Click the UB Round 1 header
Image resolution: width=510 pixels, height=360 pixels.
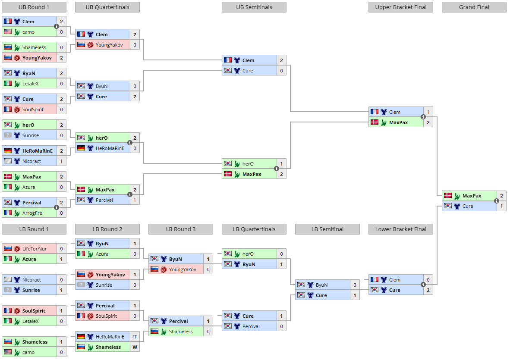click(x=34, y=7)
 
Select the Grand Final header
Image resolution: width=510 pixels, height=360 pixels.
click(x=474, y=7)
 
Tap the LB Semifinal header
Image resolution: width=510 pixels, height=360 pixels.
click(x=327, y=229)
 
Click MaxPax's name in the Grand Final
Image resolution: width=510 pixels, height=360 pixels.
click(x=472, y=196)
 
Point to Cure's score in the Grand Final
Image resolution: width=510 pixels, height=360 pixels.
click(x=501, y=206)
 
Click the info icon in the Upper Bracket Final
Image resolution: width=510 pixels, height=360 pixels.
click(x=423, y=117)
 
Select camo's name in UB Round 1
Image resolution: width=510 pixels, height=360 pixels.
click(x=28, y=32)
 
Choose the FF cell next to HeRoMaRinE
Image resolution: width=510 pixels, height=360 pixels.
click(x=135, y=337)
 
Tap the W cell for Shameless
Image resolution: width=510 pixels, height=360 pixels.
click(x=135, y=347)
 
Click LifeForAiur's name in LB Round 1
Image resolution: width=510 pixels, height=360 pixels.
click(x=35, y=249)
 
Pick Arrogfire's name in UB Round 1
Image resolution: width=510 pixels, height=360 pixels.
click(x=32, y=213)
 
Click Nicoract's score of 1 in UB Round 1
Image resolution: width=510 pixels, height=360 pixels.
click(x=61, y=161)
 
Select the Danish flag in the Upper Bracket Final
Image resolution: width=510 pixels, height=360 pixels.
click(x=375, y=122)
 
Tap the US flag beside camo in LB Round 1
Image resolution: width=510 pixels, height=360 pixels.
click(x=8, y=352)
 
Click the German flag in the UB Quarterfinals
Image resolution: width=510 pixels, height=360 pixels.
click(x=81, y=148)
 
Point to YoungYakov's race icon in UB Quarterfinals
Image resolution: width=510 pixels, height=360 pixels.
click(x=91, y=45)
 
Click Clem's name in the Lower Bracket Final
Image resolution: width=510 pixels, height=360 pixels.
click(x=394, y=280)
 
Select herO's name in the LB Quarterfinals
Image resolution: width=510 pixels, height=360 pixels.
click(x=248, y=254)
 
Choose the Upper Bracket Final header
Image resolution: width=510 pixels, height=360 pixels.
click(x=401, y=7)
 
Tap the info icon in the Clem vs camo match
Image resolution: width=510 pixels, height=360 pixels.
click(x=56, y=26)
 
